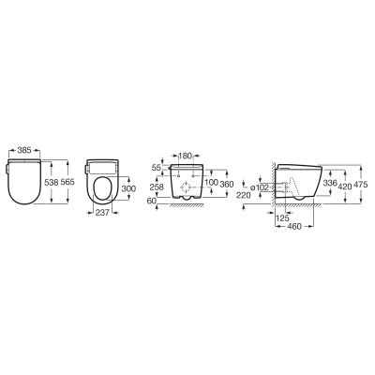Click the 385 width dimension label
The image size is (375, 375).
click(24, 151)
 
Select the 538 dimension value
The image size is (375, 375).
click(52, 182)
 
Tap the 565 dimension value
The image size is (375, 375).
click(67, 182)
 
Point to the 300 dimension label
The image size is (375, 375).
click(128, 188)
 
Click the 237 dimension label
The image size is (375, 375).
click(102, 213)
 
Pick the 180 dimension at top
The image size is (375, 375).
click(186, 156)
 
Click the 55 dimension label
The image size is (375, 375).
click(157, 168)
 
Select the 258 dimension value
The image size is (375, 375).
click(157, 187)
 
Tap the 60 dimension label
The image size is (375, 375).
click(152, 201)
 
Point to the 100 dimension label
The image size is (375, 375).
click(211, 183)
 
